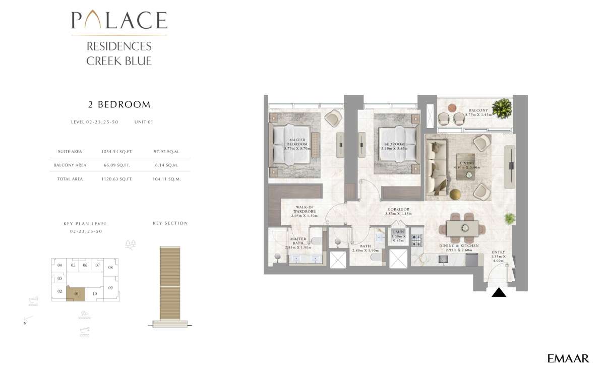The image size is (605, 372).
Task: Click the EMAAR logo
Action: coord(568,358)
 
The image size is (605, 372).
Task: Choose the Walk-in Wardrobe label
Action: coord(306,211)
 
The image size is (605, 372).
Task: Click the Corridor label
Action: coord(398,211)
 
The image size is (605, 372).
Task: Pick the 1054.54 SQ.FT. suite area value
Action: coord(115,152)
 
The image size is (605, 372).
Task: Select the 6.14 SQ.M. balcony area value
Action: coord(167,165)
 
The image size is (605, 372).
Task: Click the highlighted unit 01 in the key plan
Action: coord(76,293)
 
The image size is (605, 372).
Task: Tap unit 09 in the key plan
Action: coord(110,288)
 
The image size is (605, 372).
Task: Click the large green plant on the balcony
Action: coord(501,107)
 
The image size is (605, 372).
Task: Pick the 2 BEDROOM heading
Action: coord(119,105)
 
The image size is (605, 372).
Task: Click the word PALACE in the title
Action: coord(119,21)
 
